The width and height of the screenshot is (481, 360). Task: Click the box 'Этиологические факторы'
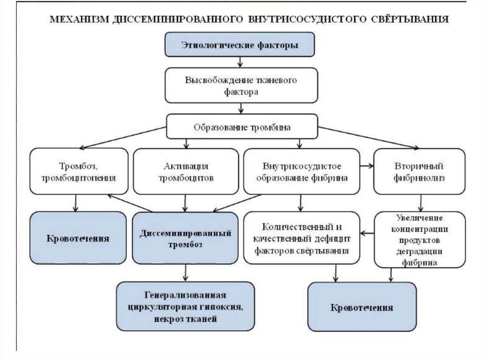click(x=239, y=45)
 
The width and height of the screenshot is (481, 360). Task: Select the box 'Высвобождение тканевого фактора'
click(x=241, y=85)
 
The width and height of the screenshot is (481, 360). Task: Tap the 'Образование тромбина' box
click(x=242, y=127)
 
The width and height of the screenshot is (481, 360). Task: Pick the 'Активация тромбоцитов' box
click(x=186, y=172)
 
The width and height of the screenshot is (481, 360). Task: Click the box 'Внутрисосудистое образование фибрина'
click(x=302, y=172)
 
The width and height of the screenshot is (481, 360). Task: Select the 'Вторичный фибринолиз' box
click(x=419, y=172)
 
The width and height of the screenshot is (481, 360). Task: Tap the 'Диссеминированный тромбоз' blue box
click(x=185, y=238)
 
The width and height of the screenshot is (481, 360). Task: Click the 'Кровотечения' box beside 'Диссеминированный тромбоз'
click(x=78, y=238)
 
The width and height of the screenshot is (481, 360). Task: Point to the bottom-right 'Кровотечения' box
click(x=362, y=308)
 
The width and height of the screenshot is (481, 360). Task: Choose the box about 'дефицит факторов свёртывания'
click(x=302, y=238)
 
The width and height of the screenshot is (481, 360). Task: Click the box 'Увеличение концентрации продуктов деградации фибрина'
click(x=419, y=239)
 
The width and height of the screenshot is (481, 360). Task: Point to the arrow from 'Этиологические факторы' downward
click(x=240, y=62)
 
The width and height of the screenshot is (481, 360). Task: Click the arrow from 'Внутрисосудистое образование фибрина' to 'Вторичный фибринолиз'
click(x=366, y=165)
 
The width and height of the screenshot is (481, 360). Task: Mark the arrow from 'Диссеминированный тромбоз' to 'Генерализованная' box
click(x=186, y=272)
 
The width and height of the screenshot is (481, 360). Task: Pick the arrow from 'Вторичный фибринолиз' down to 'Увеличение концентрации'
click(x=421, y=202)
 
